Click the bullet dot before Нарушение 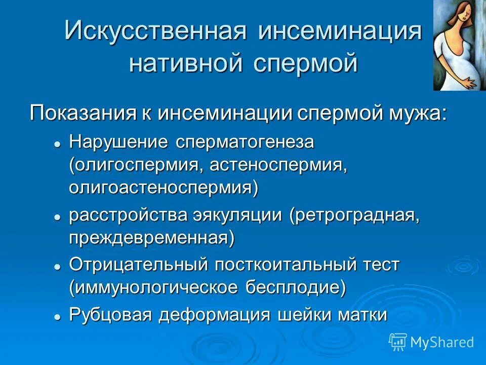pos(58,144)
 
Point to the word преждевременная pos(151,238)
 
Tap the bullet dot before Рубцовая pos(58,316)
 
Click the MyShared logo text pos(442,342)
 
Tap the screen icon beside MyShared pos(398,342)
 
